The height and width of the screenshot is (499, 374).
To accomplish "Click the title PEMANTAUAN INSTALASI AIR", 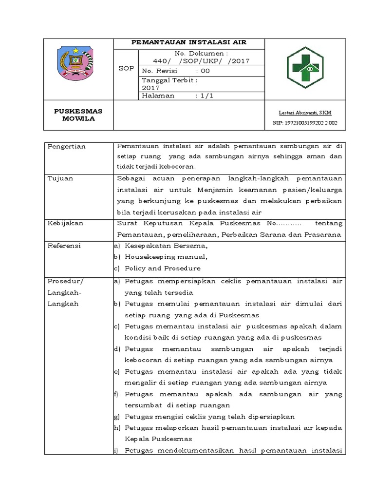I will tap(189, 42).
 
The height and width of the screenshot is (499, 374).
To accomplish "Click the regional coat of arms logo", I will tap(78, 66).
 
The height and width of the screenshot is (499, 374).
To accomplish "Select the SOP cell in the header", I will tap(126, 69).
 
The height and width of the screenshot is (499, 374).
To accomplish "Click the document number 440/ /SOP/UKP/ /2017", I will tap(201, 61).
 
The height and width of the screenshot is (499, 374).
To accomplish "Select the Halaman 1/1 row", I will tap(178, 96).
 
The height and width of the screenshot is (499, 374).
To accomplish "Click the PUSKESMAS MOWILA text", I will tap(78, 115).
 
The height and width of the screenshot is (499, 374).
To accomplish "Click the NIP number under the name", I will tap(305, 123).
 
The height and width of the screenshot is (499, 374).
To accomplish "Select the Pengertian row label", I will tap(67, 146).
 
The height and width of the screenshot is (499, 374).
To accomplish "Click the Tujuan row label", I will tap(60, 178).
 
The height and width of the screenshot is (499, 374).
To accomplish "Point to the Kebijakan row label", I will tap(65, 223).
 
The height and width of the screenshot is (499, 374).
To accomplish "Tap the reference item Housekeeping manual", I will tap(166, 257).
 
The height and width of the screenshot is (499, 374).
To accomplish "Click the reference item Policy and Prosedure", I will tap(162, 268).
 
